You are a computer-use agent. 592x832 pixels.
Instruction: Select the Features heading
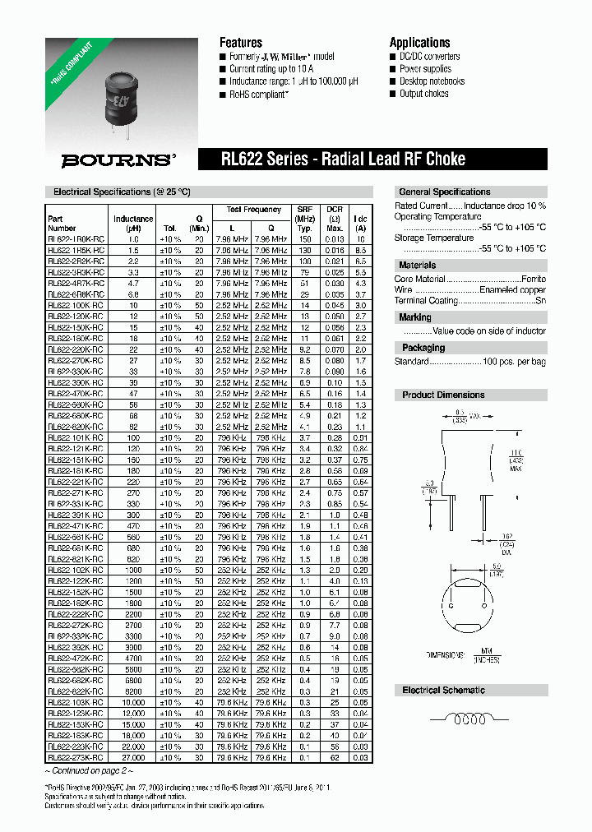point(241,42)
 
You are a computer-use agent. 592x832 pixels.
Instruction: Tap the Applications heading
point(419,42)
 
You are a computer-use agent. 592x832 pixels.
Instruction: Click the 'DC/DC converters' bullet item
point(429,57)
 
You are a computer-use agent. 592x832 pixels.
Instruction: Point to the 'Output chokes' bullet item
point(423,94)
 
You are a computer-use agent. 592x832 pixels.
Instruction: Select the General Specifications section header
point(444,192)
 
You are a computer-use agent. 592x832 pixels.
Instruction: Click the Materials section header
point(418,266)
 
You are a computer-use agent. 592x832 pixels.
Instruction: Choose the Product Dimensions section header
point(443,395)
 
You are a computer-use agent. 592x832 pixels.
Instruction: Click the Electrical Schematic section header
point(443,691)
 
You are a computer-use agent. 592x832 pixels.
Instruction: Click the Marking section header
point(415,317)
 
